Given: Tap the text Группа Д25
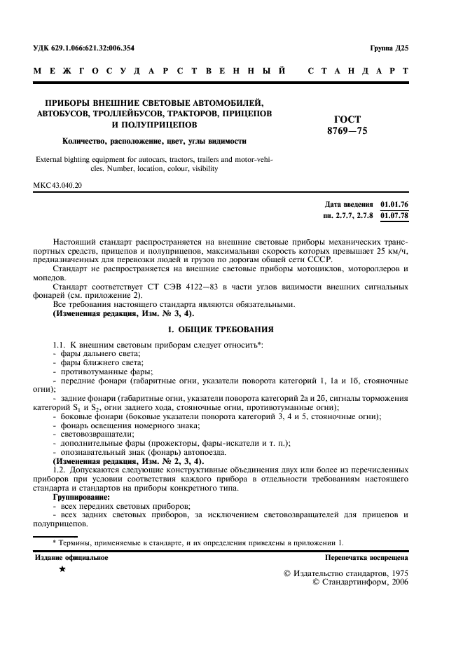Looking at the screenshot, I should point(389,48).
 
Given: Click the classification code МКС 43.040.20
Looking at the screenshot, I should point(58,186).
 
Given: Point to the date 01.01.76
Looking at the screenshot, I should point(394,203).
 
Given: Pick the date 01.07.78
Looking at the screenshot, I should point(394,215).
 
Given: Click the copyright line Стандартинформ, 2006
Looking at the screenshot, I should point(359,582).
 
